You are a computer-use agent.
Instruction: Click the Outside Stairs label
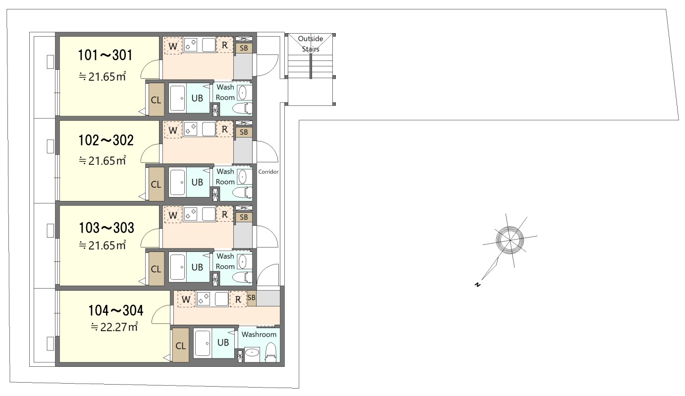310,44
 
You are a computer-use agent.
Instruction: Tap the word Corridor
268,172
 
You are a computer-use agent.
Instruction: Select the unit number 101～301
105,55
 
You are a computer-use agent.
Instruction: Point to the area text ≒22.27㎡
114,327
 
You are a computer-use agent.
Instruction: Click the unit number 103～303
106,228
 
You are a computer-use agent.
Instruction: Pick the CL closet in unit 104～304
180,346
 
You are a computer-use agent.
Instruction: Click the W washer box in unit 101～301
173,45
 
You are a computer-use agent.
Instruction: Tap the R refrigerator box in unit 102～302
224,130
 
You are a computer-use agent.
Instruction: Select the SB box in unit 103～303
243,217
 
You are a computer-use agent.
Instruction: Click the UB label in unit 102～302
197,182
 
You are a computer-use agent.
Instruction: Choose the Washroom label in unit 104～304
259,335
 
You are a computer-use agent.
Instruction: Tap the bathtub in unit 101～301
178,98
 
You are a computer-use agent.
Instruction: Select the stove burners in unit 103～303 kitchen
191,214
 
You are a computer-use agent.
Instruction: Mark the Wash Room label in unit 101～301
225,92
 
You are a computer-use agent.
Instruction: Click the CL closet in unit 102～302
156,184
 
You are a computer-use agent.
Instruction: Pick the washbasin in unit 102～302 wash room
242,177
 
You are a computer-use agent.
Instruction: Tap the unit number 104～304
115,311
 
